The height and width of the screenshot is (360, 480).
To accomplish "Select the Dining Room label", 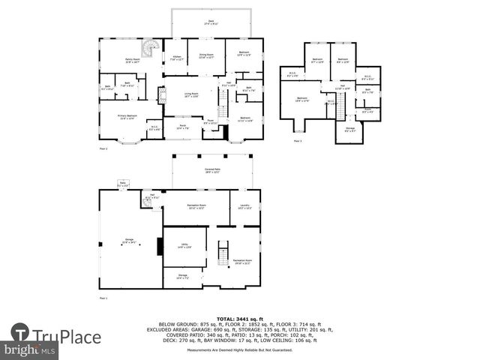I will (206, 55).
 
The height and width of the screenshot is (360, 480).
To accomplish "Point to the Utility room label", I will (184, 245).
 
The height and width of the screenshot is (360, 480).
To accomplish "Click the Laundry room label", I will (244, 207).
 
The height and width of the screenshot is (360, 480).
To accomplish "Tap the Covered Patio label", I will (217, 170).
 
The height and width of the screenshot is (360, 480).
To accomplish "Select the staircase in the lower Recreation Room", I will (222, 253).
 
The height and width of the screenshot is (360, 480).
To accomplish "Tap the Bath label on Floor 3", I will (367, 91).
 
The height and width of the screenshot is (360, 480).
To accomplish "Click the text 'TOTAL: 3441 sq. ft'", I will (240, 319).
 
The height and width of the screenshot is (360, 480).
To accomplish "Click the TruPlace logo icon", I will (20, 333).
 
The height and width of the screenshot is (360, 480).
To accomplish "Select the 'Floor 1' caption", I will (103, 298).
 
